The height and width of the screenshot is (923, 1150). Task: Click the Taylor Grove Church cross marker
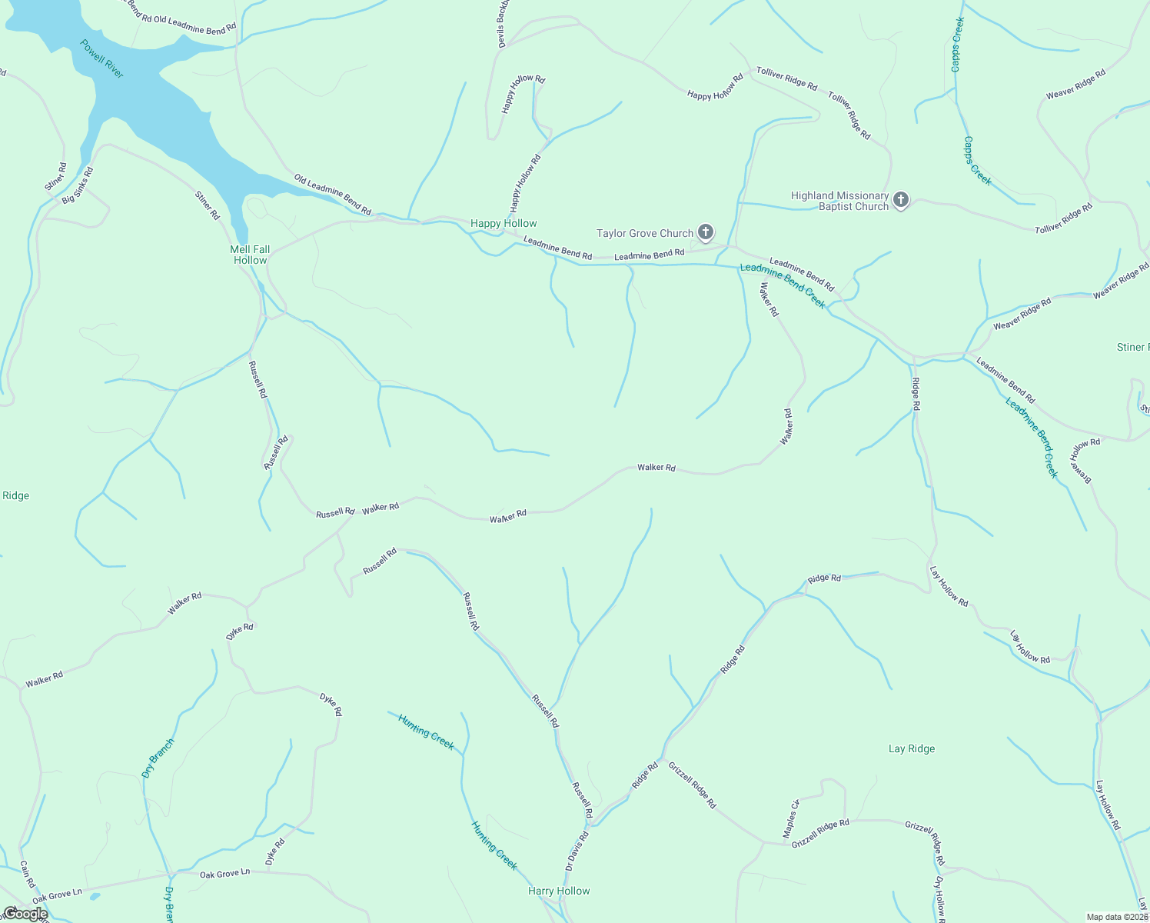click(706, 232)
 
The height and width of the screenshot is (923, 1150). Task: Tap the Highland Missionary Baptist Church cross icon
click(901, 201)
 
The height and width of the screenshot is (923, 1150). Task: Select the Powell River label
click(102, 58)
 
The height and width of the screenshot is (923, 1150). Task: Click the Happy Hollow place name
click(504, 224)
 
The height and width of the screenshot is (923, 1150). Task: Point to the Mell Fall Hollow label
click(250, 255)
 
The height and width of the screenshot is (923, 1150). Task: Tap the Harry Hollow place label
click(559, 891)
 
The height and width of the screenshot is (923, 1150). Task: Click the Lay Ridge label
click(912, 748)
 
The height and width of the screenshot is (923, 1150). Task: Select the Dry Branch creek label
click(158, 758)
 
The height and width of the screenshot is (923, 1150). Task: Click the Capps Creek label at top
click(957, 45)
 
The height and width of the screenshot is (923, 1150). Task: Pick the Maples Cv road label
click(791, 819)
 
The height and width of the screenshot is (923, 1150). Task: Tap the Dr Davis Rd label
click(577, 851)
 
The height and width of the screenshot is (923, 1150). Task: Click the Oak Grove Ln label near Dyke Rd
click(224, 873)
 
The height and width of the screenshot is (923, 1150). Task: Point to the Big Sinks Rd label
click(77, 185)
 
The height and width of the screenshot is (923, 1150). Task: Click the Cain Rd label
click(27, 874)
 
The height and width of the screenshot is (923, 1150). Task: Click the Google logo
click(25, 914)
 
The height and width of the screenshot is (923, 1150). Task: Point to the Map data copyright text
click(1117, 917)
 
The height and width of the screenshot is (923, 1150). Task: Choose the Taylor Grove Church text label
click(645, 233)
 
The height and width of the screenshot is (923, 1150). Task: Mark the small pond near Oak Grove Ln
click(94, 896)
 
